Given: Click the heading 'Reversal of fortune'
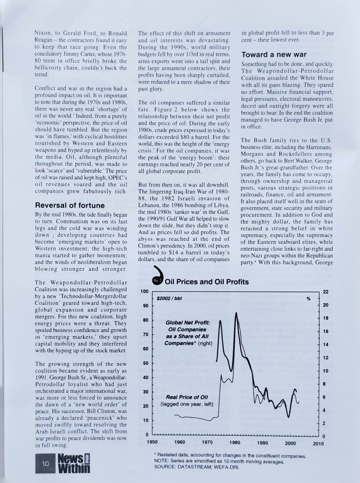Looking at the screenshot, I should tap(70, 205).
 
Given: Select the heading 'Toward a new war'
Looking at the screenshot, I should tap(274, 55).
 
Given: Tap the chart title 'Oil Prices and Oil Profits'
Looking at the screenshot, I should tap(208, 282).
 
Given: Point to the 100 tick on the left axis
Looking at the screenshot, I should tap(145, 291).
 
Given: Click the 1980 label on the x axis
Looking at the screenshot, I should tap(235, 442).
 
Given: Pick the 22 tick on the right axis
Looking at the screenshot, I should tap(326, 292).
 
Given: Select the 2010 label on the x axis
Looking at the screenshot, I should tap(318, 443).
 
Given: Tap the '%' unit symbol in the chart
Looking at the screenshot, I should tap(309, 299).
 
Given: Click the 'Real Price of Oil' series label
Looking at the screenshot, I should tap(187, 397).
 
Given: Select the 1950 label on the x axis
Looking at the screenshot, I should tap(152, 442).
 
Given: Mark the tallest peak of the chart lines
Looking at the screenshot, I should tap(235, 313).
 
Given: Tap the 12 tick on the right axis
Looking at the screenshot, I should tap(326, 357).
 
